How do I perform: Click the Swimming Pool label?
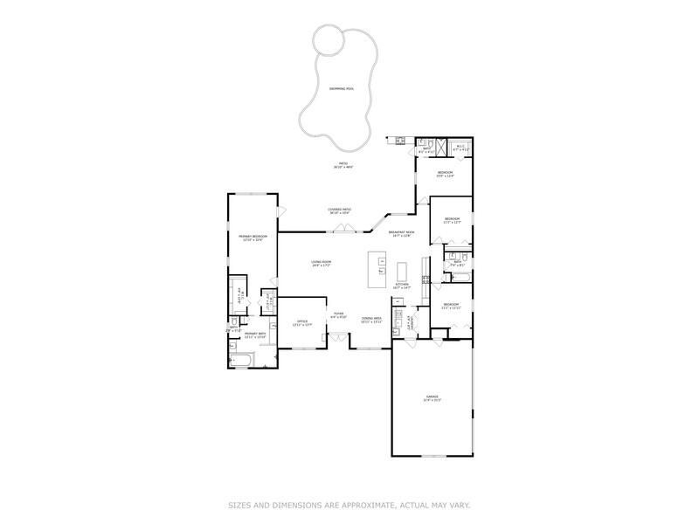point(343,88)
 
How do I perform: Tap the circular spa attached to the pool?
point(329,38)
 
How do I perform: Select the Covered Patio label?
point(340,210)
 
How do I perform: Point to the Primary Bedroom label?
point(253,238)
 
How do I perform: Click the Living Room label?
point(322,263)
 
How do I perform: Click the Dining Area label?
point(372,321)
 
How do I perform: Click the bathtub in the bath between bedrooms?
point(460,278)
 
